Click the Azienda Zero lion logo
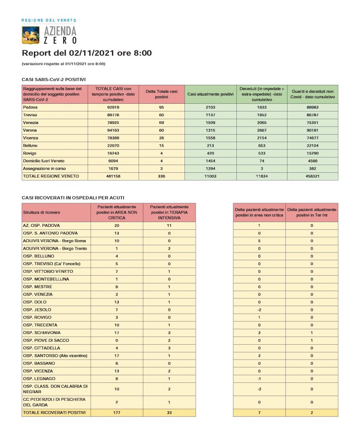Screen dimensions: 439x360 tap(31, 35)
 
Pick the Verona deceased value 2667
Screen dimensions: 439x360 tap(261, 130)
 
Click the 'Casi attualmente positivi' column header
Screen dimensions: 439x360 tap(210, 94)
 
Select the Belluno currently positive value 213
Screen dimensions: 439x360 tap(210, 145)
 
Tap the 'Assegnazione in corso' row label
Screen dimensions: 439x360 tap(44, 168)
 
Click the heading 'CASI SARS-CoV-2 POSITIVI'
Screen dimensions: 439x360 tap(54, 79)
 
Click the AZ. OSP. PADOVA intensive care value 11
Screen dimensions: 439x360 tap(169, 225)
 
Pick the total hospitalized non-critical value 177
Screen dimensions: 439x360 tap(117, 412)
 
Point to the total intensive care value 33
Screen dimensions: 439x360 tap(169, 412)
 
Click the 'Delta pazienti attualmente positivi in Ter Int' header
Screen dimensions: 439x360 tap(312, 212)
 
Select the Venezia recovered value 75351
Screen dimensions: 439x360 tap(312, 122)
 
